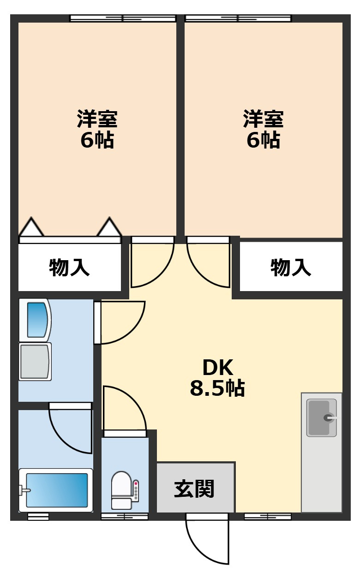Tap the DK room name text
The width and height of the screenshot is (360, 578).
coord(218,368)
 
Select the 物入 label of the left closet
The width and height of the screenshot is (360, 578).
coord(69,268)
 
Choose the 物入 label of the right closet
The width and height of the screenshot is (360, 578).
coord(291,268)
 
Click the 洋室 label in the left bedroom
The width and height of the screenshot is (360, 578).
coord(97,119)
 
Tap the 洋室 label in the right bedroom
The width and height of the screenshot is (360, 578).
coord(264,119)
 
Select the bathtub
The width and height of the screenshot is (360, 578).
coord(56,490)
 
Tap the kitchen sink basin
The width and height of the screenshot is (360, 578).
coord(321,418)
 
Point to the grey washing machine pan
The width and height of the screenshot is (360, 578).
coord(35,361)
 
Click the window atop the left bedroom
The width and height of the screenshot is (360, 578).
coord(123,18)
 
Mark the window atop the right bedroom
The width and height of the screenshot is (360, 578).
coord(238,18)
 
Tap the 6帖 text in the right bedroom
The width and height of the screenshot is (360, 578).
coord(264,140)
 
